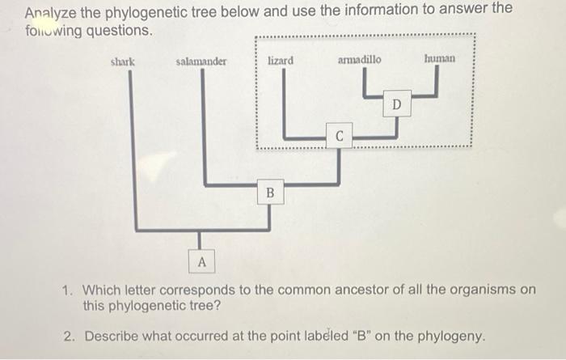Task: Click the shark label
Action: tap(123, 61)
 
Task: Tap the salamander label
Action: tap(201, 61)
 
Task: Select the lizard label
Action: tap(281, 61)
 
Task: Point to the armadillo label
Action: tap(360, 60)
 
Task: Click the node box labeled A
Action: tap(202, 262)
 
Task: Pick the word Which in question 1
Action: tap(101, 290)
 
